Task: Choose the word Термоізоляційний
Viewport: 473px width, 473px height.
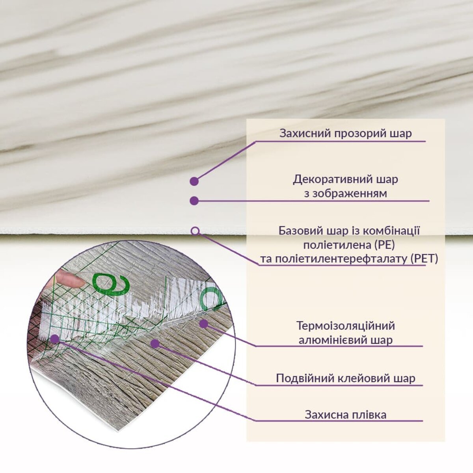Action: (x=346, y=326)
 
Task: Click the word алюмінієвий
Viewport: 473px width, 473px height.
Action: (x=336, y=340)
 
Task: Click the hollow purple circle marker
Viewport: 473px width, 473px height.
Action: (x=195, y=231)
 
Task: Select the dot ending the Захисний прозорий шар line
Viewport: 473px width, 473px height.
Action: (x=194, y=181)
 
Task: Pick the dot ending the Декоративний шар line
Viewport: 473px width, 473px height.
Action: (x=194, y=201)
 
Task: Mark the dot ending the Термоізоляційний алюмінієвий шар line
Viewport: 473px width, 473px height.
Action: (x=203, y=324)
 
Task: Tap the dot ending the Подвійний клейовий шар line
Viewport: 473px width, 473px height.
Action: (x=155, y=344)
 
